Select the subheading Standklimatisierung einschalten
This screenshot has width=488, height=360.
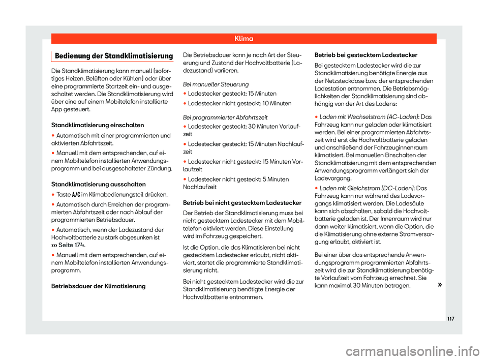tap(99, 125)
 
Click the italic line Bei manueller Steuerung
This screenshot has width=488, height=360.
tap(216, 83)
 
